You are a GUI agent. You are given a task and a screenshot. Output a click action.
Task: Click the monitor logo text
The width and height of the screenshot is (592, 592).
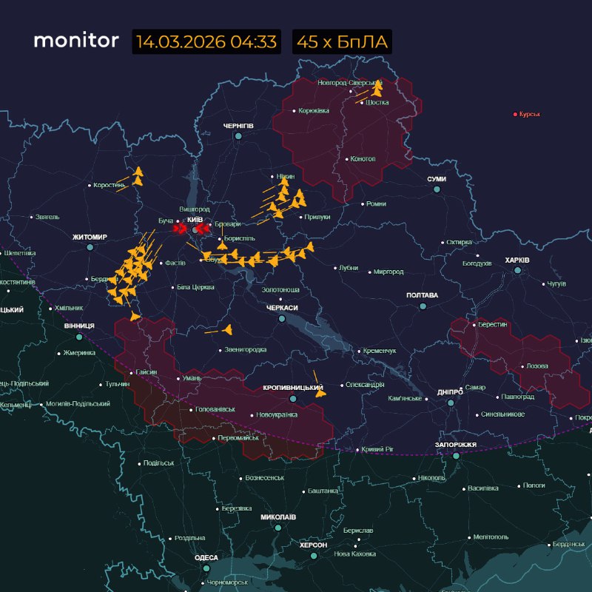click(x=75, y=41)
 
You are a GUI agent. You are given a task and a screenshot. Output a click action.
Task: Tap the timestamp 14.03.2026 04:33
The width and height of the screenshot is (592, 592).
click(x=206, y=41)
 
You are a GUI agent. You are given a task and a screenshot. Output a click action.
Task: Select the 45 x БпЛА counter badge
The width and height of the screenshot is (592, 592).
click(x=342, y=41)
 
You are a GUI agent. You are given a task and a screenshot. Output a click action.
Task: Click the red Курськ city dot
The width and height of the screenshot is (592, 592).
click(x=516, y=114)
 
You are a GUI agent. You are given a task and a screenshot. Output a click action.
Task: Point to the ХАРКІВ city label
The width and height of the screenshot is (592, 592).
click(x=517, y=260)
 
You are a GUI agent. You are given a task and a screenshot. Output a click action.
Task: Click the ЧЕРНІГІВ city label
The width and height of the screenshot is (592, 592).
click(x=238, y=127)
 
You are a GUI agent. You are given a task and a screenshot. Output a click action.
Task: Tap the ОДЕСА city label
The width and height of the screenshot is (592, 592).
click(x=206, y=557)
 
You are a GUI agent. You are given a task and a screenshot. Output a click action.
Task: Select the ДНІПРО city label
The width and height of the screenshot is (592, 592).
click(x=450, y=391)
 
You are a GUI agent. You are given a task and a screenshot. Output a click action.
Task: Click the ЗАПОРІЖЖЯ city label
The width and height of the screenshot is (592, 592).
click(x=455, y=445)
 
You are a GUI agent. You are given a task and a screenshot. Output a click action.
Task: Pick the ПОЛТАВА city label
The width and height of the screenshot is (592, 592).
click(x=422, y=295)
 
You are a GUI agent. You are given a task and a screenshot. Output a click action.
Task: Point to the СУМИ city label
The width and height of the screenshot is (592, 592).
click(x=437, y=180)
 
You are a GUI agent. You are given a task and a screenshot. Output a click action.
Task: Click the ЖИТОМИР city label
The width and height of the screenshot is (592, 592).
click(x=90, y=237)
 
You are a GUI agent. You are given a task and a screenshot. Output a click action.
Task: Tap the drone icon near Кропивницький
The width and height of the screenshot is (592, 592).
click(x=320, y=392)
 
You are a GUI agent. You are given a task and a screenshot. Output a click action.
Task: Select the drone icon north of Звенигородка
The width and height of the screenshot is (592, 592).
click(x=227, y=329)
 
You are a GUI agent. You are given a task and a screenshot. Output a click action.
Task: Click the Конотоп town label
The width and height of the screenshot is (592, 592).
click(x=363, y=158)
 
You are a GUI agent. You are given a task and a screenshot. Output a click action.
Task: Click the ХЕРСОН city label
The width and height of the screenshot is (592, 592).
click(x=313, y=544)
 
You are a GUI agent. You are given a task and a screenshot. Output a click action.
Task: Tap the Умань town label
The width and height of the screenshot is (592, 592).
click(x=192, y=378)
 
